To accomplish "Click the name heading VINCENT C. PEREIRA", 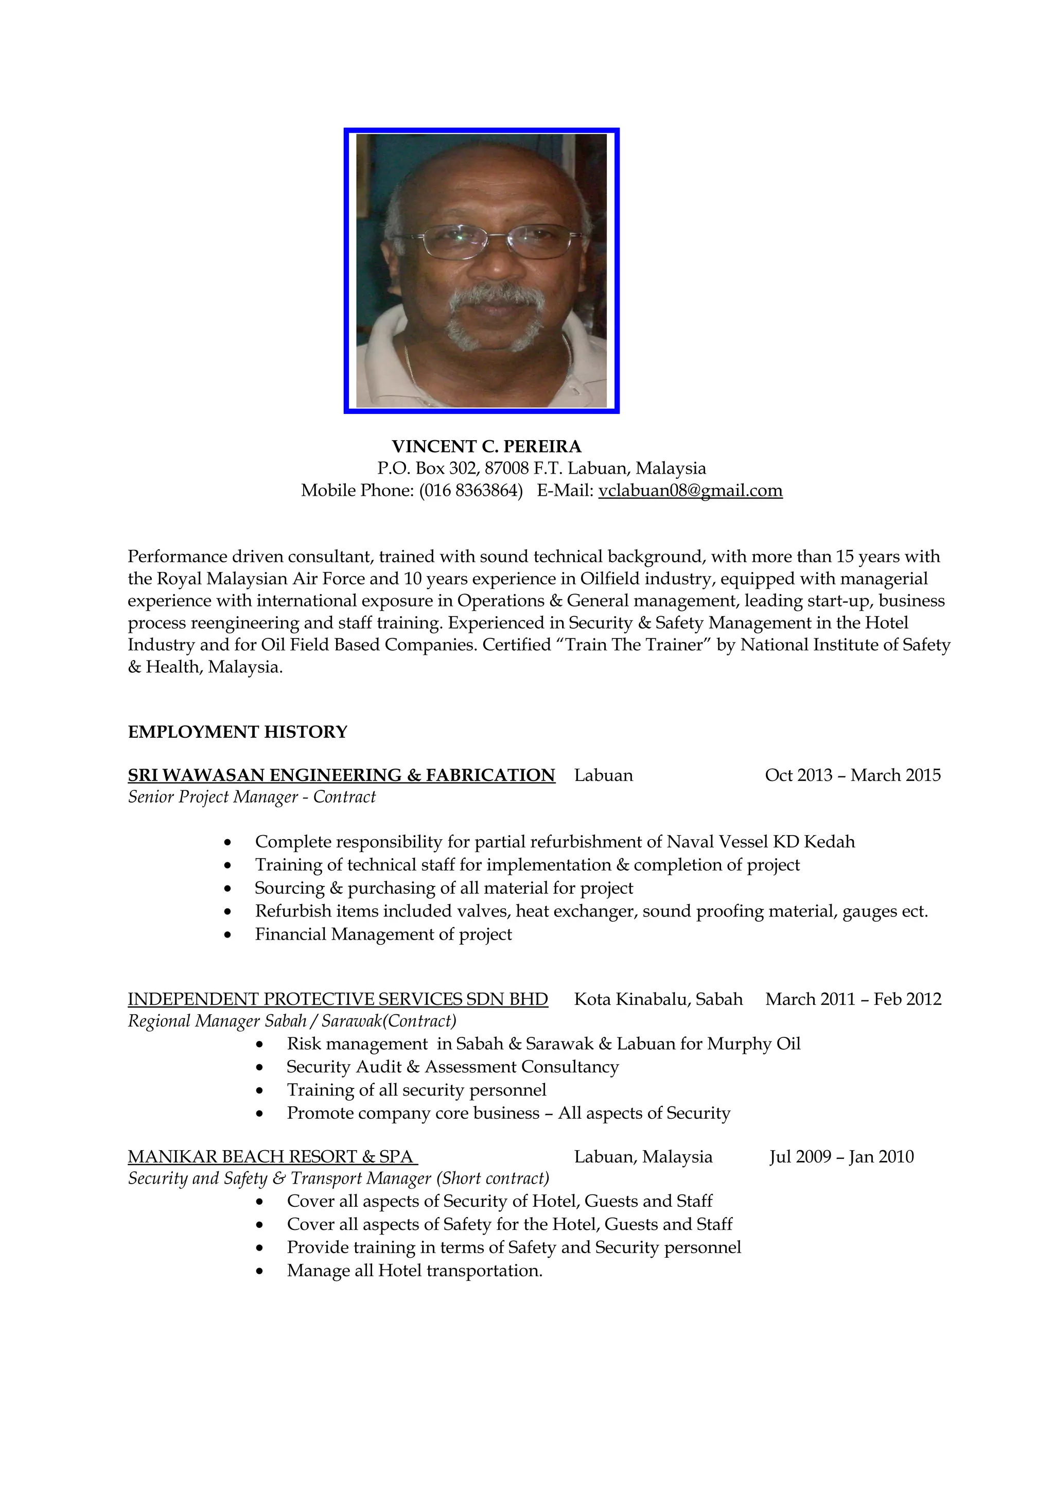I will point(486,446).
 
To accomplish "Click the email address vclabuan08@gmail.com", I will point(690,491).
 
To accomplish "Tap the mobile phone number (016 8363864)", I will point(471,491).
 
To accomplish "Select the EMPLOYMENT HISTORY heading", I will point(238,732).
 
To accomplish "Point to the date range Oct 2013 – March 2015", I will point(852,775).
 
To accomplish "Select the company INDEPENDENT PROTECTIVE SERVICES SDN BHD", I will point(338,999).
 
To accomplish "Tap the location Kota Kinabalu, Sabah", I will point(658,999).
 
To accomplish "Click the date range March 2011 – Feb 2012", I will point(853,999).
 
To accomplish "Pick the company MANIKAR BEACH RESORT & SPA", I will point(271,1157).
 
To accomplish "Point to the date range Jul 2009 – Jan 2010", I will point(841,1157).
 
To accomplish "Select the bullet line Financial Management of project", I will point(383,934).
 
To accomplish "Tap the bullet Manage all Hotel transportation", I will point(414,1271).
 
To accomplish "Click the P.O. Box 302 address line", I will point(541,469).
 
